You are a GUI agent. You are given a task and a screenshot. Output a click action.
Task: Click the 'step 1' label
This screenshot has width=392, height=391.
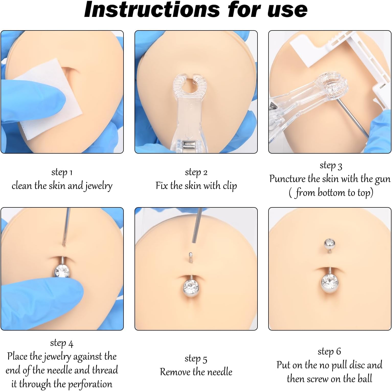coord(62,172)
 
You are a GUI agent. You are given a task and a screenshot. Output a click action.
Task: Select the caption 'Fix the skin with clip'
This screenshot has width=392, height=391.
coord(196,186)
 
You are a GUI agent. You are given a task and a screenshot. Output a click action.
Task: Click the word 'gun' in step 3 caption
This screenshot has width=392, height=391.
coord(383,179)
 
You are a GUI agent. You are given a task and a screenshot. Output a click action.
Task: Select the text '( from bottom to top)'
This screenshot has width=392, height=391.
coord(331,193)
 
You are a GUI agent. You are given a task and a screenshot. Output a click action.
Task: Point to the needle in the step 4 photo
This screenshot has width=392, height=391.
coord(66,225)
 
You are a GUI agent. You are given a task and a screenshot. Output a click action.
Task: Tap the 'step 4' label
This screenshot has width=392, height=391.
coord(62,343)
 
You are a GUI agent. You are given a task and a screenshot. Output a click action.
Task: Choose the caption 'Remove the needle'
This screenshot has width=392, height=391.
coord(196,372)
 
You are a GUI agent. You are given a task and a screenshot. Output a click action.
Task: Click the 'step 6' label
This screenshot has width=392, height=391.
coord(329,351)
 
